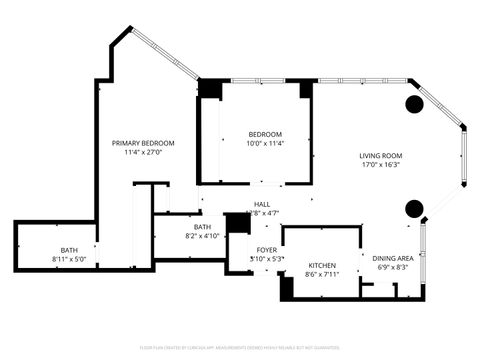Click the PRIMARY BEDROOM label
[x=143, y=143]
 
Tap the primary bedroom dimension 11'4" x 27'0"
[x=143, y=153]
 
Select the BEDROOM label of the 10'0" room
[x=265, y=134]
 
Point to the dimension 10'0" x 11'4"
[x=265, y=144]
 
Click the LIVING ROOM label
[x=381, y=155]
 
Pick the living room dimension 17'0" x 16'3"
[x=381, y=165]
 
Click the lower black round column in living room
[x=413, y=208]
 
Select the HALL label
[x=261, y=204]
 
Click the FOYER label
[x=267, y=249]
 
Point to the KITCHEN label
[x=321, y=265]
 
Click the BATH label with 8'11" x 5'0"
[x=69, y=250]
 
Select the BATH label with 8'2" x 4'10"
[x=203, y=227]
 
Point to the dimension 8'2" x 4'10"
[x=203, y=237]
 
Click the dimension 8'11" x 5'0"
[x=69, y=260]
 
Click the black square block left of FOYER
[x=238, y=222]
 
